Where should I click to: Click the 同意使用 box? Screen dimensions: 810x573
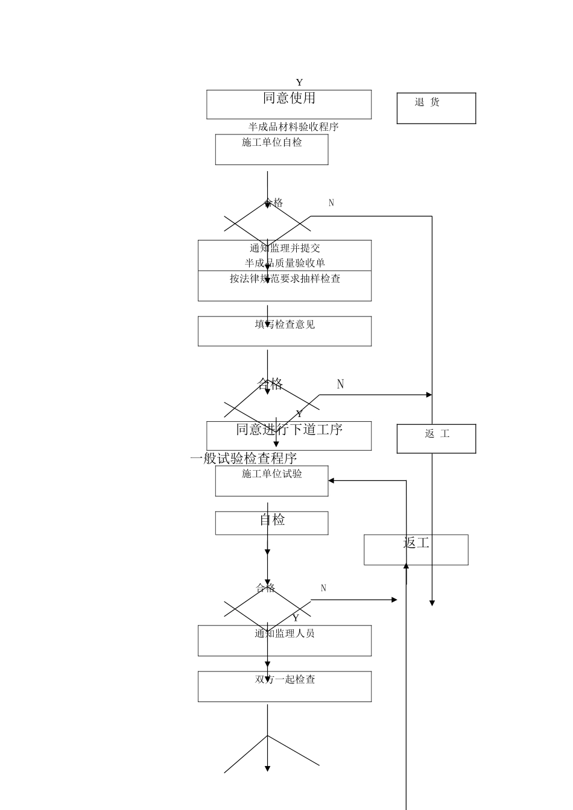[289, 104]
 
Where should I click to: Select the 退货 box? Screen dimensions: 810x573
[436, 108]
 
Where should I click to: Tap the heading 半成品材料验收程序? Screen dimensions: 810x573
[293, 127]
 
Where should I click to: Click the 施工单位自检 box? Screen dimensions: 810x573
[271, 149]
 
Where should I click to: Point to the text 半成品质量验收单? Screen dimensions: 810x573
[285, 263]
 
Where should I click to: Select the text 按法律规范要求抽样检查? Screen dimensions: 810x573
[285, 279]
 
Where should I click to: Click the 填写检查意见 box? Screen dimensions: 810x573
[285, 331]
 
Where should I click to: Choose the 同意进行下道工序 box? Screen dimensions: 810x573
[289, 436]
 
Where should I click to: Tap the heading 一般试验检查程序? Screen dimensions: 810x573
[244, 459]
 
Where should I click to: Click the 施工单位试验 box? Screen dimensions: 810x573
[271, 481]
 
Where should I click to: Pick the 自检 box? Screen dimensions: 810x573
[271, 523]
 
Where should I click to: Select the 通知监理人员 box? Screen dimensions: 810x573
[285, 640]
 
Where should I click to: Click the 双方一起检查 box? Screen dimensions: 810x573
[285, 686]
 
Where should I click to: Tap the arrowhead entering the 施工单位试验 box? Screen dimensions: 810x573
[332, 481]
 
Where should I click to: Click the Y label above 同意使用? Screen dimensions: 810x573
[299, 83]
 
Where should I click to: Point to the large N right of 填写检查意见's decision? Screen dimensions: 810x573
[340, 385]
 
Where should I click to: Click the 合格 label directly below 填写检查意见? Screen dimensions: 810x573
[270, 384]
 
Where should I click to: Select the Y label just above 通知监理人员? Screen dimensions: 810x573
[296, 618]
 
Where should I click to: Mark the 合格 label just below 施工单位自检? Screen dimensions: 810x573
[273, 203]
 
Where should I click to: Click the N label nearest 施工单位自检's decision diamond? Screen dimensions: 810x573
[331, 203]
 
